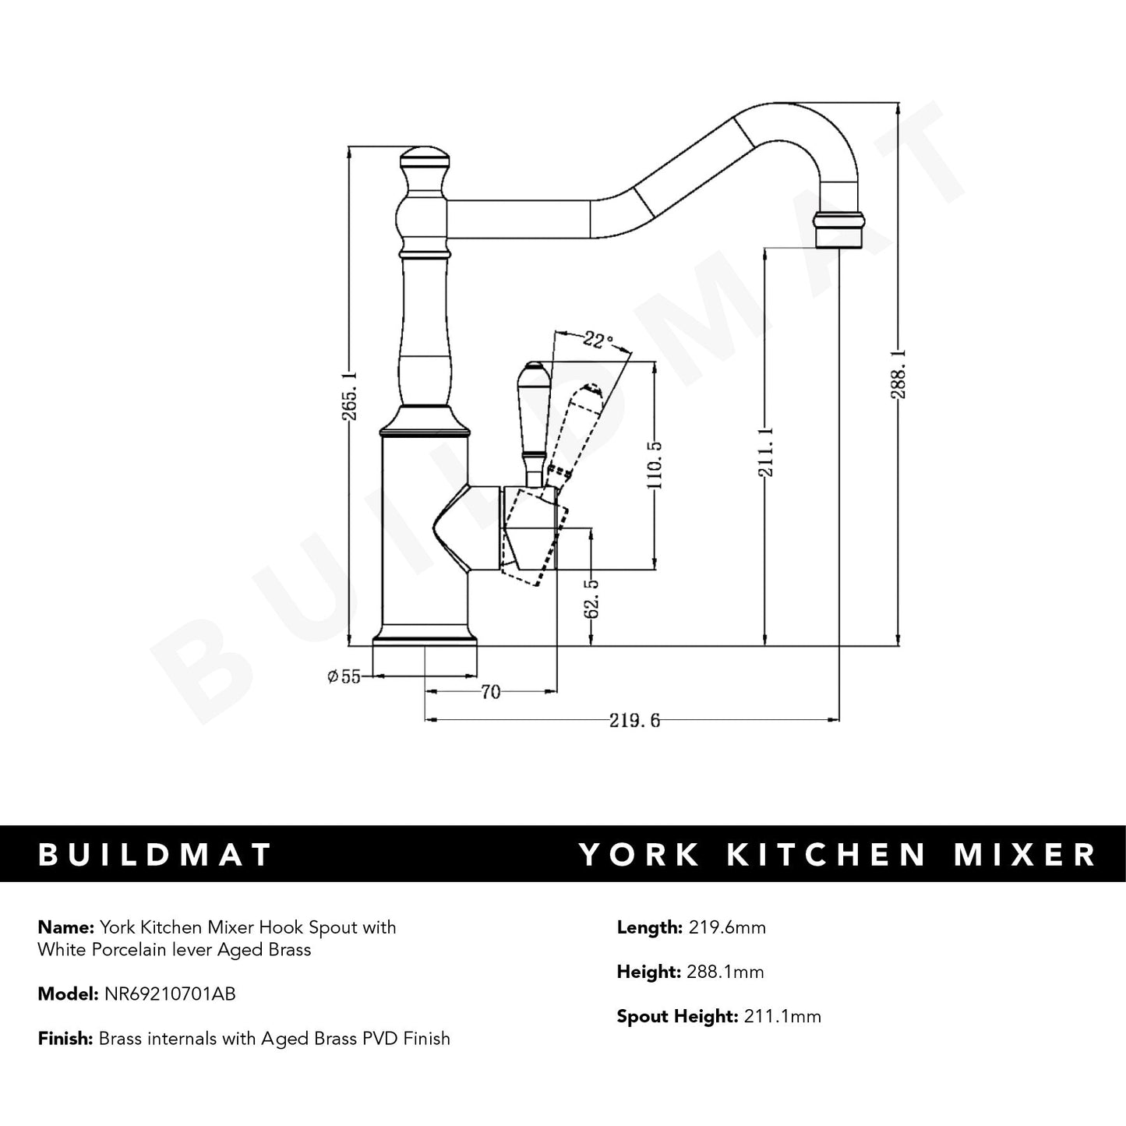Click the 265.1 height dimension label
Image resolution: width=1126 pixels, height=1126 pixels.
(349, 396)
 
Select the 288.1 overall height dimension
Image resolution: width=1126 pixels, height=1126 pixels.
(898, 375)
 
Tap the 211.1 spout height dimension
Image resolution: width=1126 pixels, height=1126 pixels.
(766, 451)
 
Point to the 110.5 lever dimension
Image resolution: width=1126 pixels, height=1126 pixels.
(655, 465)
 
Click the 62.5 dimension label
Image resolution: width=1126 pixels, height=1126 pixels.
(591, 598)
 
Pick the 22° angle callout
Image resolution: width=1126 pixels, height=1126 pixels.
(597, 340)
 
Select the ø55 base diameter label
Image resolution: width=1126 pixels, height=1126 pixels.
(344, 676)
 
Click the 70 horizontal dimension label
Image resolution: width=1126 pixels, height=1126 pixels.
(491, 693)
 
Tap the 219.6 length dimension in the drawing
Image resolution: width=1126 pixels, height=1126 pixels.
(634, 721)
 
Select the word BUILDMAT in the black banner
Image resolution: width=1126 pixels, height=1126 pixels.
(155, 855)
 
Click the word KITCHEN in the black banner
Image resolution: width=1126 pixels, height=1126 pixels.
(827, 855)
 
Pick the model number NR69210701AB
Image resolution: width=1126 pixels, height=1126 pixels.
(170, 994)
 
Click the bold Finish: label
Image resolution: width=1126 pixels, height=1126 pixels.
(65, 1039)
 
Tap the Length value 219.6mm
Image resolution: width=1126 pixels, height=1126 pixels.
(727, 927)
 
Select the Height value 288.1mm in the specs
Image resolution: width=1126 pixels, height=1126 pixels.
(725, 972)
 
